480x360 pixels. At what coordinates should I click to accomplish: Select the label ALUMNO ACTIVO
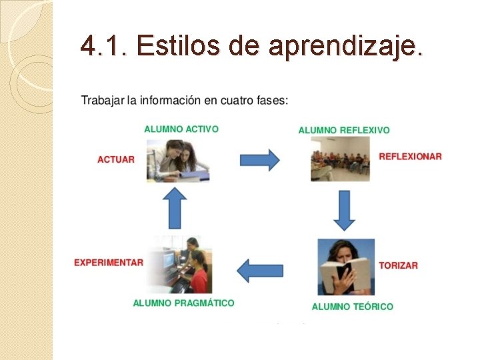click(181, 129)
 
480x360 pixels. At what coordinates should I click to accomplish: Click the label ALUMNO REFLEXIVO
click(344, 130)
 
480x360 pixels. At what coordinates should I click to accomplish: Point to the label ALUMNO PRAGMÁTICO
click(183, 303)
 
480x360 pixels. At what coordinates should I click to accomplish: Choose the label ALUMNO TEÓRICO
click(352, 307)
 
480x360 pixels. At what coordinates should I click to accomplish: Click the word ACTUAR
click(116, 159)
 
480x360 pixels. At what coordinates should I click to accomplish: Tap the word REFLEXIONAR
click(410, 157)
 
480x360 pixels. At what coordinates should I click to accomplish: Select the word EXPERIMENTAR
click(109, 263)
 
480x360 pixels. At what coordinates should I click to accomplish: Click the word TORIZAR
click(398, 265)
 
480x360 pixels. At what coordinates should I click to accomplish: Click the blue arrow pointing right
click(259, 160)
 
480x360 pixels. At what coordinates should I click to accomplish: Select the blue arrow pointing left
click(260, 269)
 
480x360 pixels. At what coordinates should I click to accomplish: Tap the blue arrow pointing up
click(175, 207)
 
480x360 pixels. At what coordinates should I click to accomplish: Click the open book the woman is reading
click(345, 273)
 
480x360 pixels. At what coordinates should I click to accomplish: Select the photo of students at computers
click(179, 265)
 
